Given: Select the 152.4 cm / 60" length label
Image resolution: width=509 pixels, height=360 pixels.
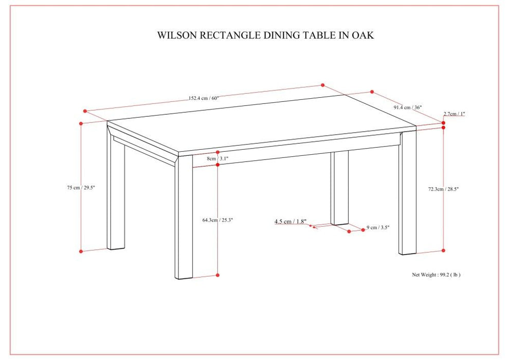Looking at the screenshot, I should [204, 98].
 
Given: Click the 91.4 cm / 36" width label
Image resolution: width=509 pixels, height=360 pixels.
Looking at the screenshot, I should [408, 107].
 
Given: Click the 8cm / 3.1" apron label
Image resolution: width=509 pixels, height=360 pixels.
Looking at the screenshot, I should [217, 159].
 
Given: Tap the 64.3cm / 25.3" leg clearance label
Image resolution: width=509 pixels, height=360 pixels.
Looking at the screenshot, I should [217, 220].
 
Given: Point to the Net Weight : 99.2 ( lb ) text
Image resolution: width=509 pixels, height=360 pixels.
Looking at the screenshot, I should [436, 275].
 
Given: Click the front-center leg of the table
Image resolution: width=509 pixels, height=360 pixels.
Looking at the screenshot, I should [184, 221].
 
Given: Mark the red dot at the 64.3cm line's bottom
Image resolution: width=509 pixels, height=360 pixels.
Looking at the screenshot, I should [217, 276].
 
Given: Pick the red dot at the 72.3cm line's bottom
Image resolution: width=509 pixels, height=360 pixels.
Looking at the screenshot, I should [444, 250].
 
